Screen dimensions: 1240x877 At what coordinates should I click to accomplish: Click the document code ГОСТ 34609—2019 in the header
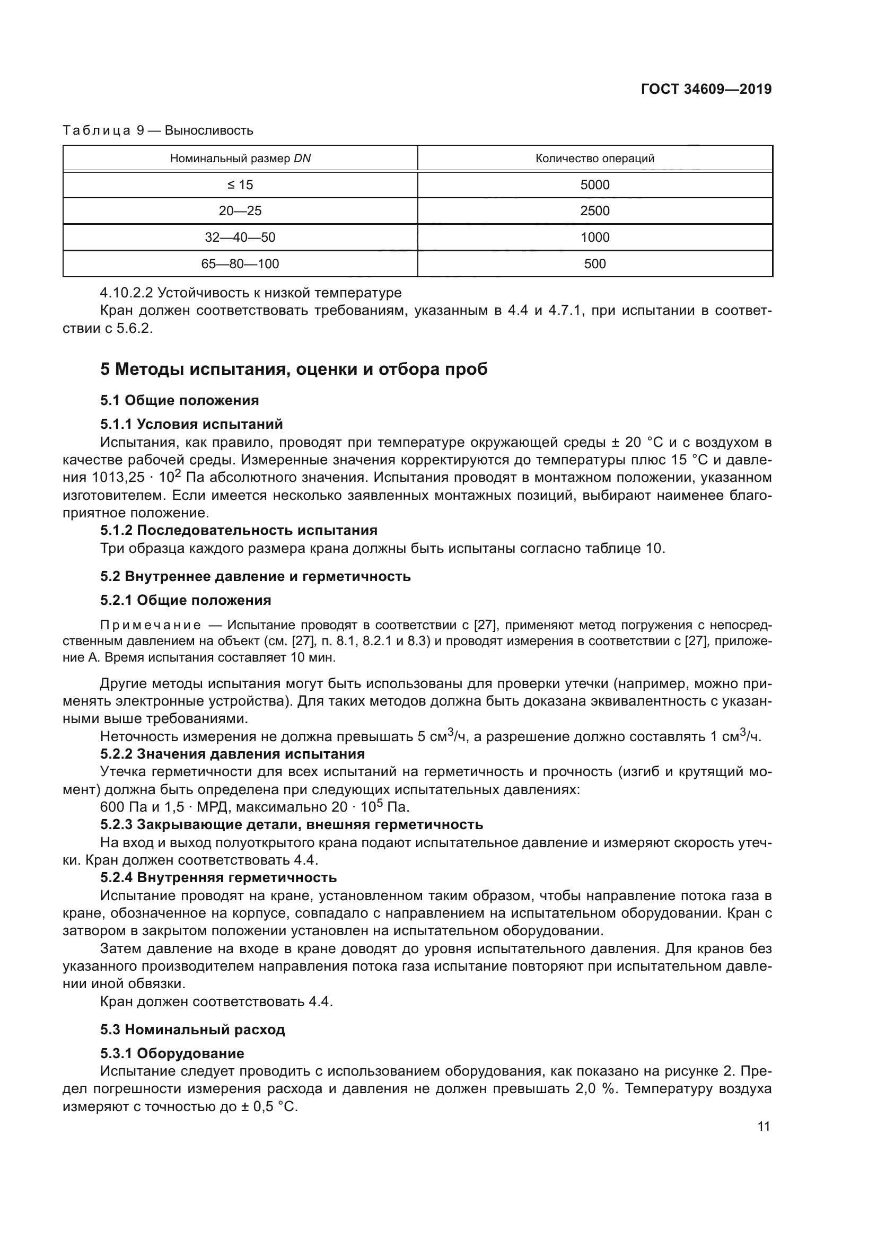coord(706,89)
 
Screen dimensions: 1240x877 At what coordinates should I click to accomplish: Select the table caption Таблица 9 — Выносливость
coord(157,131)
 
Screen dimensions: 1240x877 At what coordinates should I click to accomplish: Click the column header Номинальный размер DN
coord(240,158)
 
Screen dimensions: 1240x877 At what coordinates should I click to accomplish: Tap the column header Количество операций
coord(594,158)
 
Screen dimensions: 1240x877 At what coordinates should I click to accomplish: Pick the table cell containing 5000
coord(594,184)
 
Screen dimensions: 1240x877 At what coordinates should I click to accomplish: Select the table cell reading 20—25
coord(240,210)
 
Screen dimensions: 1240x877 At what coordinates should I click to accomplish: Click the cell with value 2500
coord(594,210)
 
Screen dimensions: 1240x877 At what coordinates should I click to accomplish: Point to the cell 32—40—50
coord(240,237)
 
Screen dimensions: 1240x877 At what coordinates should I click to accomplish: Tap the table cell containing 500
coord(594,263)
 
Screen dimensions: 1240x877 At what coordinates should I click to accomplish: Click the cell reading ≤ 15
coord(240,184)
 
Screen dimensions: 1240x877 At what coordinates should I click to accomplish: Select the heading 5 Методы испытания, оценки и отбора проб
coord(294,370)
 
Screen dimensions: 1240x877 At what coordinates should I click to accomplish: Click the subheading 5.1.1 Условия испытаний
coord(191,424)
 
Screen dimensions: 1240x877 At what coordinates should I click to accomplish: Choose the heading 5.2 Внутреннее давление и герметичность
coord(255,576)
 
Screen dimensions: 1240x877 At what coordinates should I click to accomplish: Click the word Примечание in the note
coord(151,626)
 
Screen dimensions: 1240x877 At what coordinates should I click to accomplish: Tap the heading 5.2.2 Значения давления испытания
coord(232,753)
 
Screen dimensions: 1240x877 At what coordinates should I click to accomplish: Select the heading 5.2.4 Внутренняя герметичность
coord(218,877)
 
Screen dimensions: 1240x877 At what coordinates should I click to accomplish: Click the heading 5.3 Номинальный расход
coord(192,1030)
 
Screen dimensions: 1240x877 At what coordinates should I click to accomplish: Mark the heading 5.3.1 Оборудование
coord(172,1053)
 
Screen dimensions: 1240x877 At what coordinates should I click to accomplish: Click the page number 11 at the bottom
coord(764,1127)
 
